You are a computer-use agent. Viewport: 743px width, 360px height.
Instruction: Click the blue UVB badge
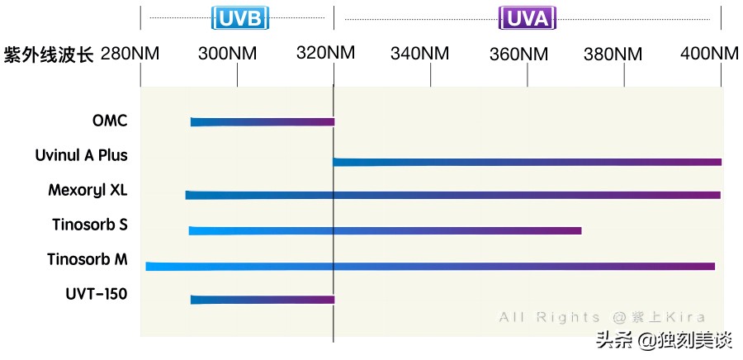point(237,18)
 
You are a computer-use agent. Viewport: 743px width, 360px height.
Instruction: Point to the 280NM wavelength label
point(130,54)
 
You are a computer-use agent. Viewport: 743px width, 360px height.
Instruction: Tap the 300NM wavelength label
point(228,54)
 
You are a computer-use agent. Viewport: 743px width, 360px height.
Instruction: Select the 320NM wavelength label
point(325,54)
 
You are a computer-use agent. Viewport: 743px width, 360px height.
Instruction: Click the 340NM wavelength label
point(420,54)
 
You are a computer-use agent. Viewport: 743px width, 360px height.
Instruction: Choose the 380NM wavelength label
point(613,54)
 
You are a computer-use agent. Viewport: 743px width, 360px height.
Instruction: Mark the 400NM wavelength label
point(709,54)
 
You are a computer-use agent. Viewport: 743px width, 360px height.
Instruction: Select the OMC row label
point(110,121)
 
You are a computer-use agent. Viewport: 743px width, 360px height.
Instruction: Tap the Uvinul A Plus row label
point(81,155)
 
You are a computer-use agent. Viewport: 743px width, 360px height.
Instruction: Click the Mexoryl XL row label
point(88,190)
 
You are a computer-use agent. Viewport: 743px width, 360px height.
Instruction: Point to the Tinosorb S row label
point(89,225)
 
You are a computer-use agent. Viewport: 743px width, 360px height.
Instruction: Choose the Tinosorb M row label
point(87,259)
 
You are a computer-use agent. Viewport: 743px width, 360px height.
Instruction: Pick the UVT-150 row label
point(97,293)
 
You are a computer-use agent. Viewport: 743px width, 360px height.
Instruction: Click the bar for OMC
point(263,122)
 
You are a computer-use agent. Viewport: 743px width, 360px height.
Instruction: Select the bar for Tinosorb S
point(385,230)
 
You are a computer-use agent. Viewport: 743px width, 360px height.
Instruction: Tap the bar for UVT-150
point(263,300)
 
